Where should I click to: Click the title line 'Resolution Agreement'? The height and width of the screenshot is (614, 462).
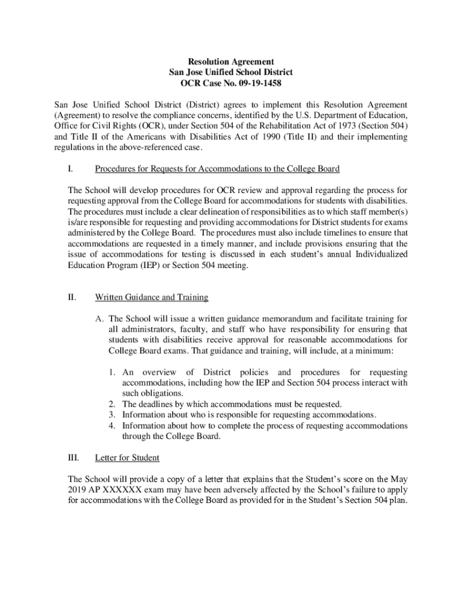tap(231, 62)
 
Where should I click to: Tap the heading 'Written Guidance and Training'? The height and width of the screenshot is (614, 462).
tap(151, 297)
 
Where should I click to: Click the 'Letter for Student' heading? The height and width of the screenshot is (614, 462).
tap(127, 458)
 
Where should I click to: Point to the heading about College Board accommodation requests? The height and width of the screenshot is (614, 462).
tap(217, 168)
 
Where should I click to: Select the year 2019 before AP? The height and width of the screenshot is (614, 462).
tap(78, 489)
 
